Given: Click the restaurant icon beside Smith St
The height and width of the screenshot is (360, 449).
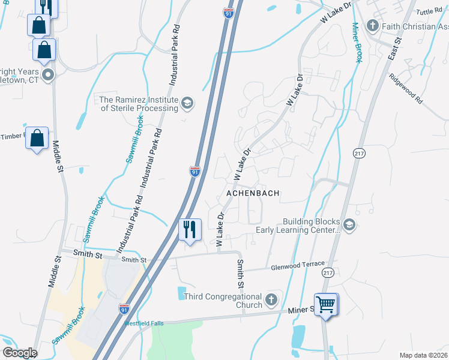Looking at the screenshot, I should pyautogui.click(x=190, y=229).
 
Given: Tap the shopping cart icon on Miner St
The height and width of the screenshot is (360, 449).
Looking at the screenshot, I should pyautogui.click(x=326, y=304).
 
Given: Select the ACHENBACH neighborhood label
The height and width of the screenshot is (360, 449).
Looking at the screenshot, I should pyautogui.click(x=253, y=193).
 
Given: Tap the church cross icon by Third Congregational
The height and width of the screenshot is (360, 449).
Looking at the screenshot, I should pyautogui.click(x=271, y=299).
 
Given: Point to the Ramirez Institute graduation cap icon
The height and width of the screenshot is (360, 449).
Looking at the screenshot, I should pyautogui.click(x=188, y=104).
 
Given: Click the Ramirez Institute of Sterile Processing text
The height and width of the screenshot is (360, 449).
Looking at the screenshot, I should pyautogui.click(x=139, y=104).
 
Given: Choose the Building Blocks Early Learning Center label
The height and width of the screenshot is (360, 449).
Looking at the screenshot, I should pyautogui.click(x=298, y=226).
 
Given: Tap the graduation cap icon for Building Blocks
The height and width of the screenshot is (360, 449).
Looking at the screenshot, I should pyautogui.click(x=349, y=225).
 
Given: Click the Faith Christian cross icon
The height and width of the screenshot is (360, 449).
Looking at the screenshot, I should pyautogui.click(x=373, y=26).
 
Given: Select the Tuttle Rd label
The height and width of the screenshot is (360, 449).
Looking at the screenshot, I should pyautogui.click(x=428, y=12).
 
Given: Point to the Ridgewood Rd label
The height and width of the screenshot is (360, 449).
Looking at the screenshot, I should pyautogui.click(x=406, y=88).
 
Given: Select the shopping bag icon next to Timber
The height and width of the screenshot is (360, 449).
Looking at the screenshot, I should pyautogui.click(x=37, y=138).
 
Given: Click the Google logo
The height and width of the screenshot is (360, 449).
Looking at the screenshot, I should pyautogui.click(x=19, y=353).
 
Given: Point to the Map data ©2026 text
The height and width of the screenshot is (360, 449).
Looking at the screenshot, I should pyautogui.click(x=423, y=355).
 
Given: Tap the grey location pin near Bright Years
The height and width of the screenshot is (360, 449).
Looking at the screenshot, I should pyautogui.click(x=48, y=76).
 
